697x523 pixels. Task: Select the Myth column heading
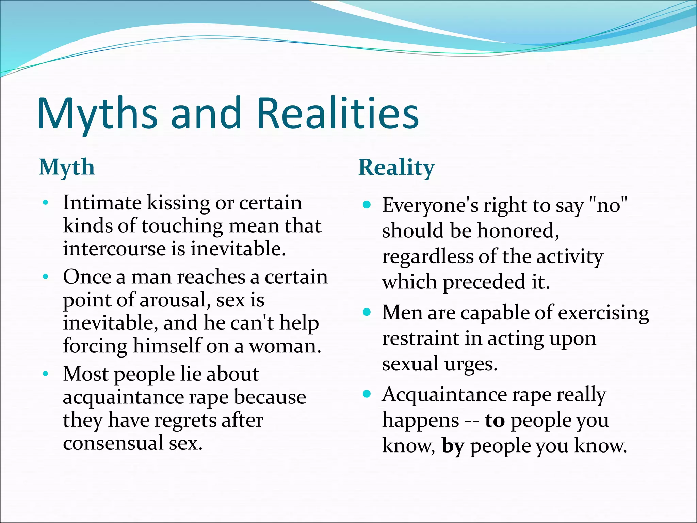(67, 167)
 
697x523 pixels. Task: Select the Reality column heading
(396, 167)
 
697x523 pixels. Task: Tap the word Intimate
(102, 203)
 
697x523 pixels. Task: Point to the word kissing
(178, 203)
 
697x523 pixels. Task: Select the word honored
(518, 231)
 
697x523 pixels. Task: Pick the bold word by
(453, 446)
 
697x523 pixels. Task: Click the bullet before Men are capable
(367, 312)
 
